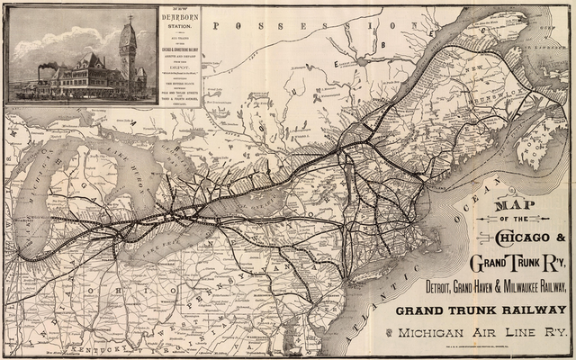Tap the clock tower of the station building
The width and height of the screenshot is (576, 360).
128,49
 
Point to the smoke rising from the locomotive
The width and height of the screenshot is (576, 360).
49,67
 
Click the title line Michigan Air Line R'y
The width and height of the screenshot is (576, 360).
481,334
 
